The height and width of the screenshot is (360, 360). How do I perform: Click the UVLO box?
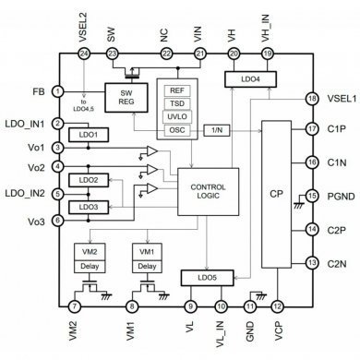point(175,117)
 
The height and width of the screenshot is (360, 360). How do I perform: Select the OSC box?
point(175,131)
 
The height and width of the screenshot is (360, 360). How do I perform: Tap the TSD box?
point(175,103)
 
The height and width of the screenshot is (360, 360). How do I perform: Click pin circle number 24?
point(84,54)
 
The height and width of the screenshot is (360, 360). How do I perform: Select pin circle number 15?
point(312,195)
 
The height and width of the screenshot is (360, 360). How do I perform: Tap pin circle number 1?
point(58,91)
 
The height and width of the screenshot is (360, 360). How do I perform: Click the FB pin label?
point(39,91)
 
